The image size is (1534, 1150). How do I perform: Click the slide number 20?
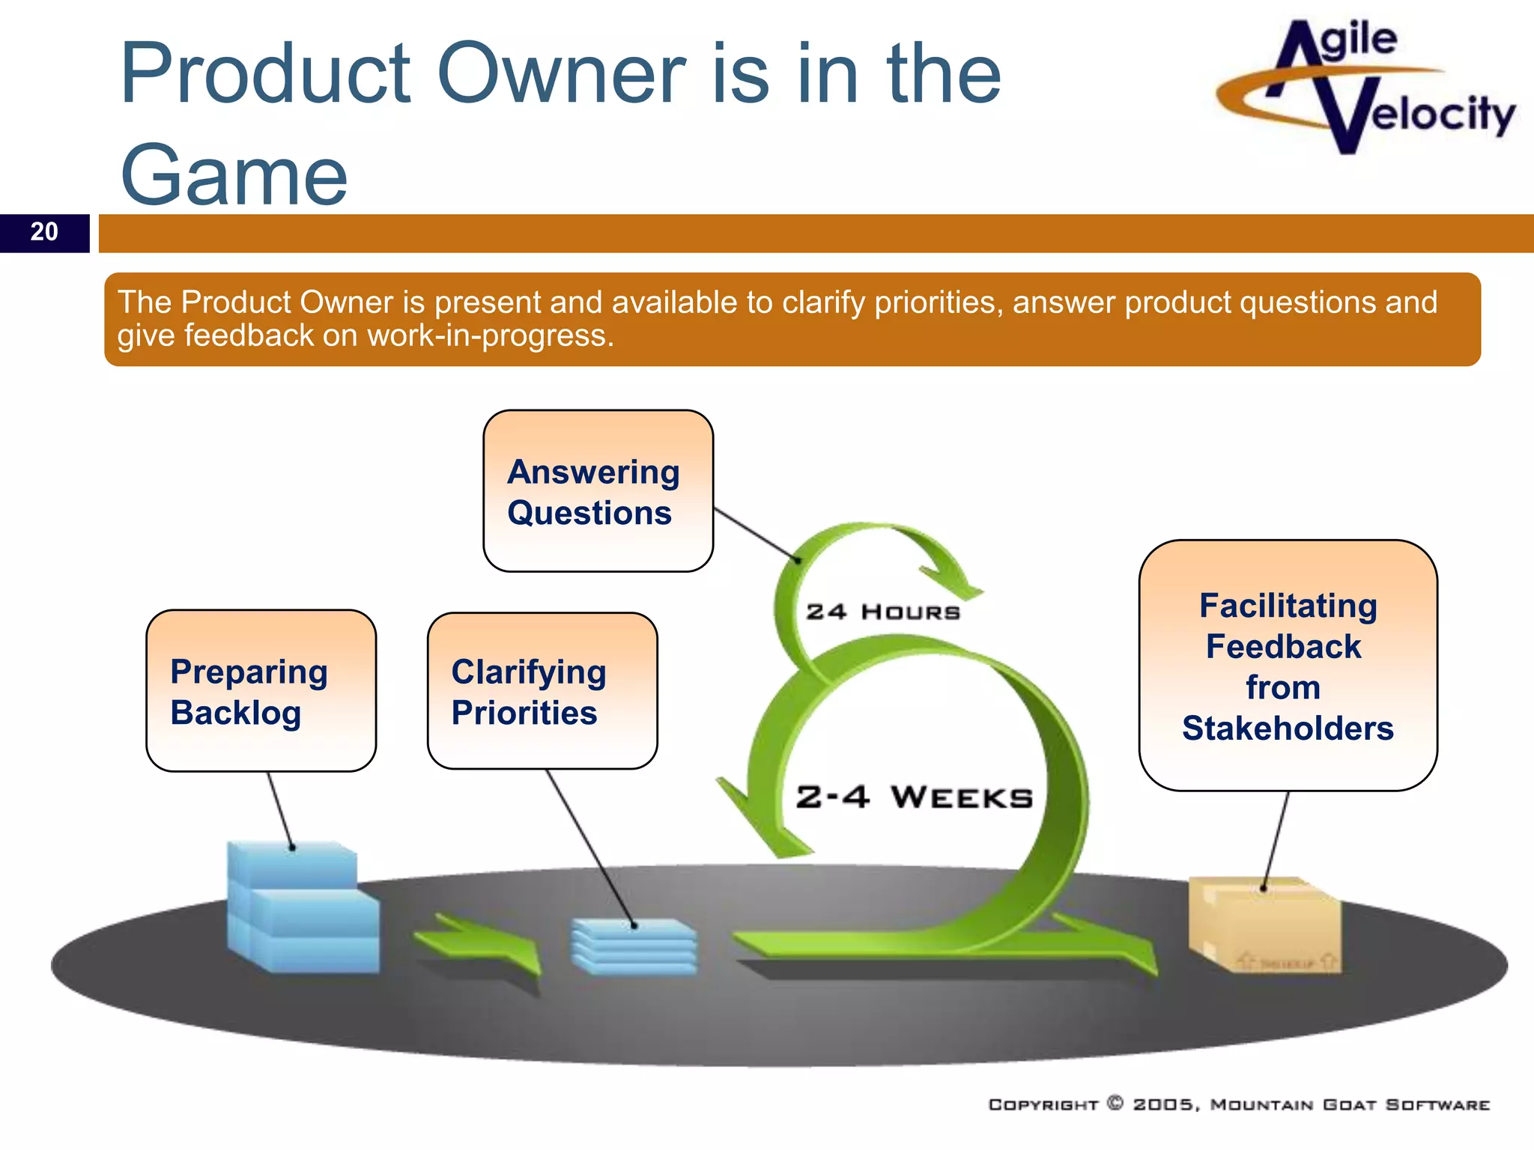pyautogui.click(x=44, y=232)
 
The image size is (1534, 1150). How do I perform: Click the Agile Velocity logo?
pyautogui.click(x=1365, y=86)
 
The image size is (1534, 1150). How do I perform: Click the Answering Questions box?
pyautogui.click(x=598, y=491)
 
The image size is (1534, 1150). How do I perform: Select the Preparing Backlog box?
pyautogui.click(x=261, y=690)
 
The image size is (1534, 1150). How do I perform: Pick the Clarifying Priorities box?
pyautogui.click(x=542, y=690)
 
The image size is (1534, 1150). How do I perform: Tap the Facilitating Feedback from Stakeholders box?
pyautogui.click(x=1287, y=665)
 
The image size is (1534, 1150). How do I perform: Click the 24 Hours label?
pyautogui.click(x=882, y=612)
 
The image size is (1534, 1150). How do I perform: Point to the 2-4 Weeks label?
pyautogui.click(x=914, y=797)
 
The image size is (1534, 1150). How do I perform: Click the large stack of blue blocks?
pyautogui.click(x=301, y=910)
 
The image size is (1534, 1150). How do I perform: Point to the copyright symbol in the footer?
pyautogui.click(x=1115, y=1103)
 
